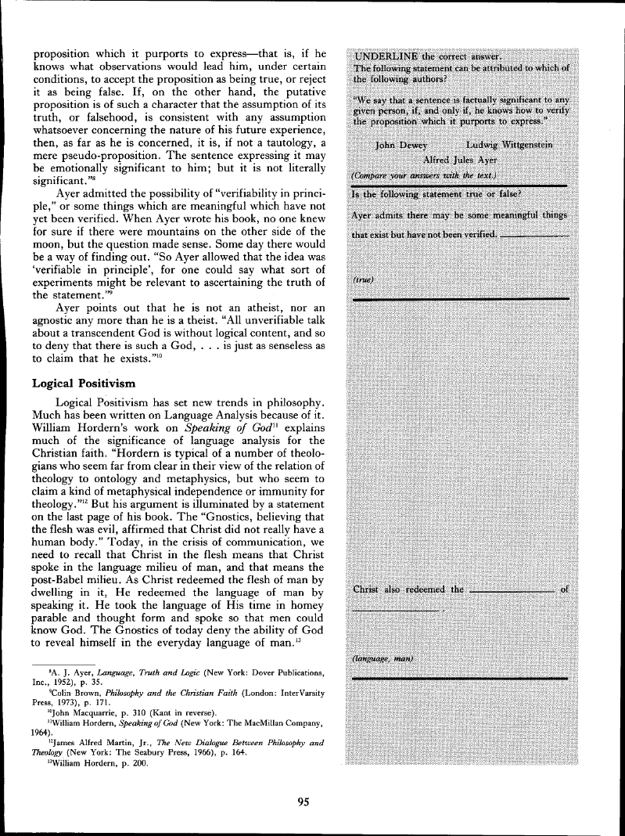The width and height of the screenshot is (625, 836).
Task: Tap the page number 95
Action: click(x=306, y=799)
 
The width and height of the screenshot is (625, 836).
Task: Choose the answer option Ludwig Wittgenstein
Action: click(x=509, y=145)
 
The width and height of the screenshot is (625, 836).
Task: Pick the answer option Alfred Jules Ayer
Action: click(x=460, y=160)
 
